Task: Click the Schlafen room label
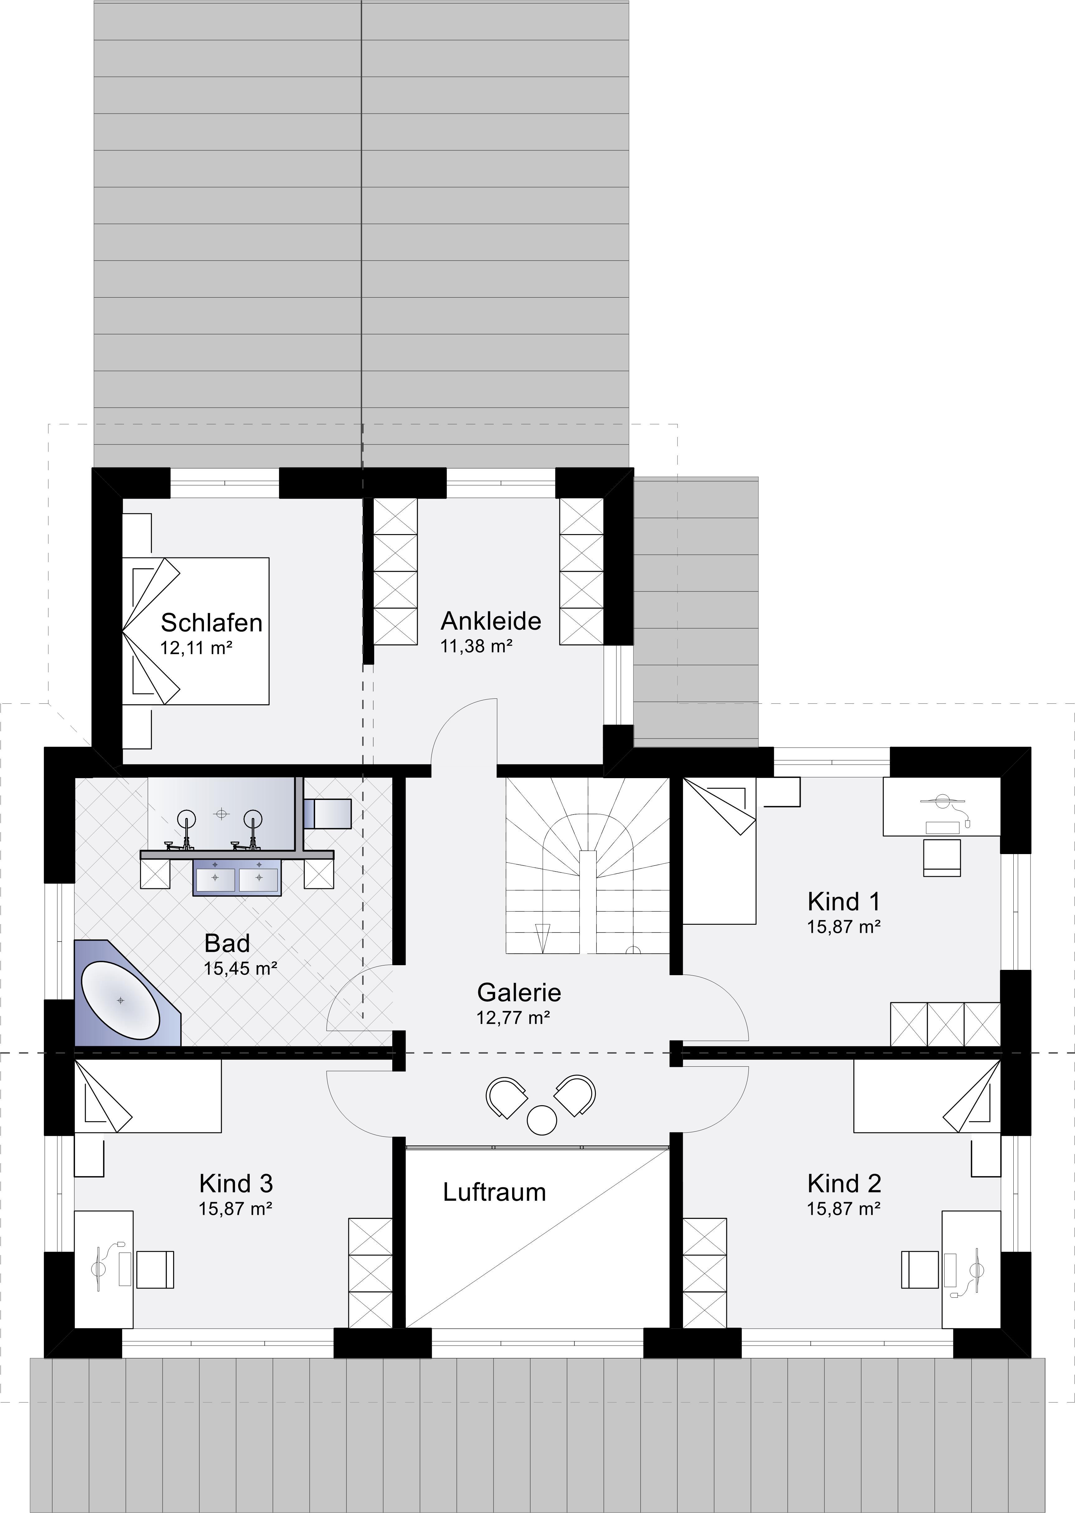[x=212, y=623]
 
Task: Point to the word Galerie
[x=519, y=993]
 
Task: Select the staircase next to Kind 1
[x=588, y=866]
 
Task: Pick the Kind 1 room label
[x=844, y=901]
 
